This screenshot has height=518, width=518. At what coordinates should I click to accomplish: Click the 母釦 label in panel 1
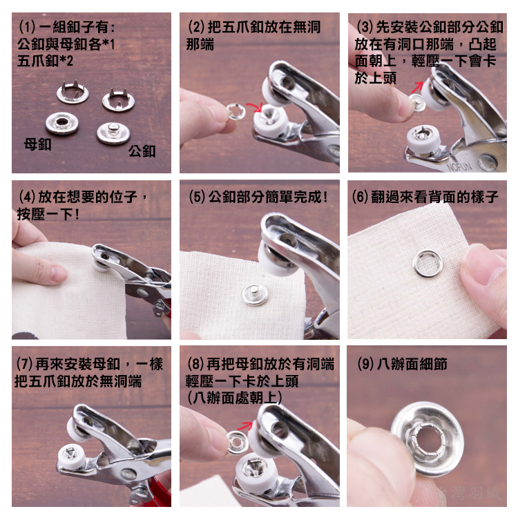click(x=37, y=144)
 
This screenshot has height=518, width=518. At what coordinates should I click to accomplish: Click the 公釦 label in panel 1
click(x=142, y=151)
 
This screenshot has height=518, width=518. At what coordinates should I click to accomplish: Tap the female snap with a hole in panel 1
click(x=61, y=123)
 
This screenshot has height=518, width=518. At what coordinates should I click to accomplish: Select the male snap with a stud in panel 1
click(x=113, y=133)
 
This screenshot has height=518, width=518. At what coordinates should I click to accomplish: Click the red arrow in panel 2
click(x=254, y=106)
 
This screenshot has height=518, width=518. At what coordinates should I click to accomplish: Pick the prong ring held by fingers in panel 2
click(x=236, y=111)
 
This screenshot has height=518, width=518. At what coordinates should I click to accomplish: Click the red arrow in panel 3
click(x=417, y=86)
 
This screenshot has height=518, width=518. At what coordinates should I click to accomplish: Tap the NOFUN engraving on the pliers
click(x=459, y=166)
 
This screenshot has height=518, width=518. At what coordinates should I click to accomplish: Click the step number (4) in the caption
click(x=28, y=198)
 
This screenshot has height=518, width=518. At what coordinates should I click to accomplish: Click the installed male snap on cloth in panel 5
click(x=254, y=295)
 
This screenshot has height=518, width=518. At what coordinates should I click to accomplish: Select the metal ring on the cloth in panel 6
click(x=428, y=263)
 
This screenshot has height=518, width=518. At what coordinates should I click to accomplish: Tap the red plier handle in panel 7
click(x=162, y=489)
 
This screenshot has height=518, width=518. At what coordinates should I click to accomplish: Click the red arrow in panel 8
click(x=244, y=426)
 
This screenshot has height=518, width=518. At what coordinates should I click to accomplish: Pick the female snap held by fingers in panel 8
click(x=237, y=442)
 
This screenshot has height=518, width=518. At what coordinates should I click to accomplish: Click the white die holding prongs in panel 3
click(x=423, y=138)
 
